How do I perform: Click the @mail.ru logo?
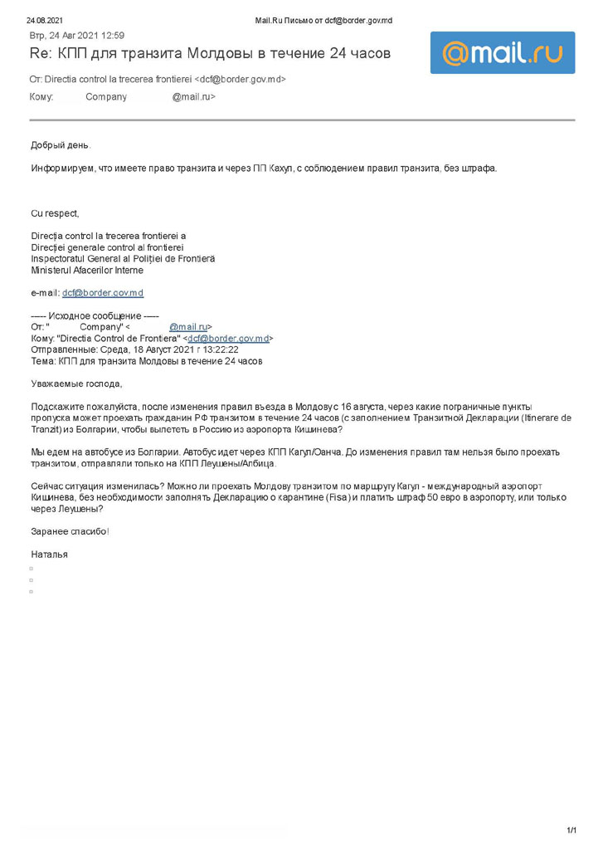click(502, 53)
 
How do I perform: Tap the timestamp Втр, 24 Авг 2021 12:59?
click(77, 36)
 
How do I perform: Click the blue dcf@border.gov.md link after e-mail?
click(103, 293)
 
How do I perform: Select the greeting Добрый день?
click(61, 145)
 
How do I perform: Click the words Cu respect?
click(55, 213)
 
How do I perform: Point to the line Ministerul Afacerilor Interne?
click(87, 271)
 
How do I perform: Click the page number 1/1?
click(571, 830)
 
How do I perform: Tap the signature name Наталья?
click(50, 554)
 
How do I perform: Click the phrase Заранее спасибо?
click(70, 531)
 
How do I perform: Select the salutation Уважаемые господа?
click(76, 383)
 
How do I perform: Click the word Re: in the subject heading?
click(41, 54)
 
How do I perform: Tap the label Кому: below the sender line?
click(42, 97)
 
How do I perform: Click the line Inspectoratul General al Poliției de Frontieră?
click(123, 259)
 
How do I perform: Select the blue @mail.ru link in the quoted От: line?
click(188, 327)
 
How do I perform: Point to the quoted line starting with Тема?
click(146, 361)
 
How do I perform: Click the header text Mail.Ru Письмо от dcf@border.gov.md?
click(323, 20)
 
